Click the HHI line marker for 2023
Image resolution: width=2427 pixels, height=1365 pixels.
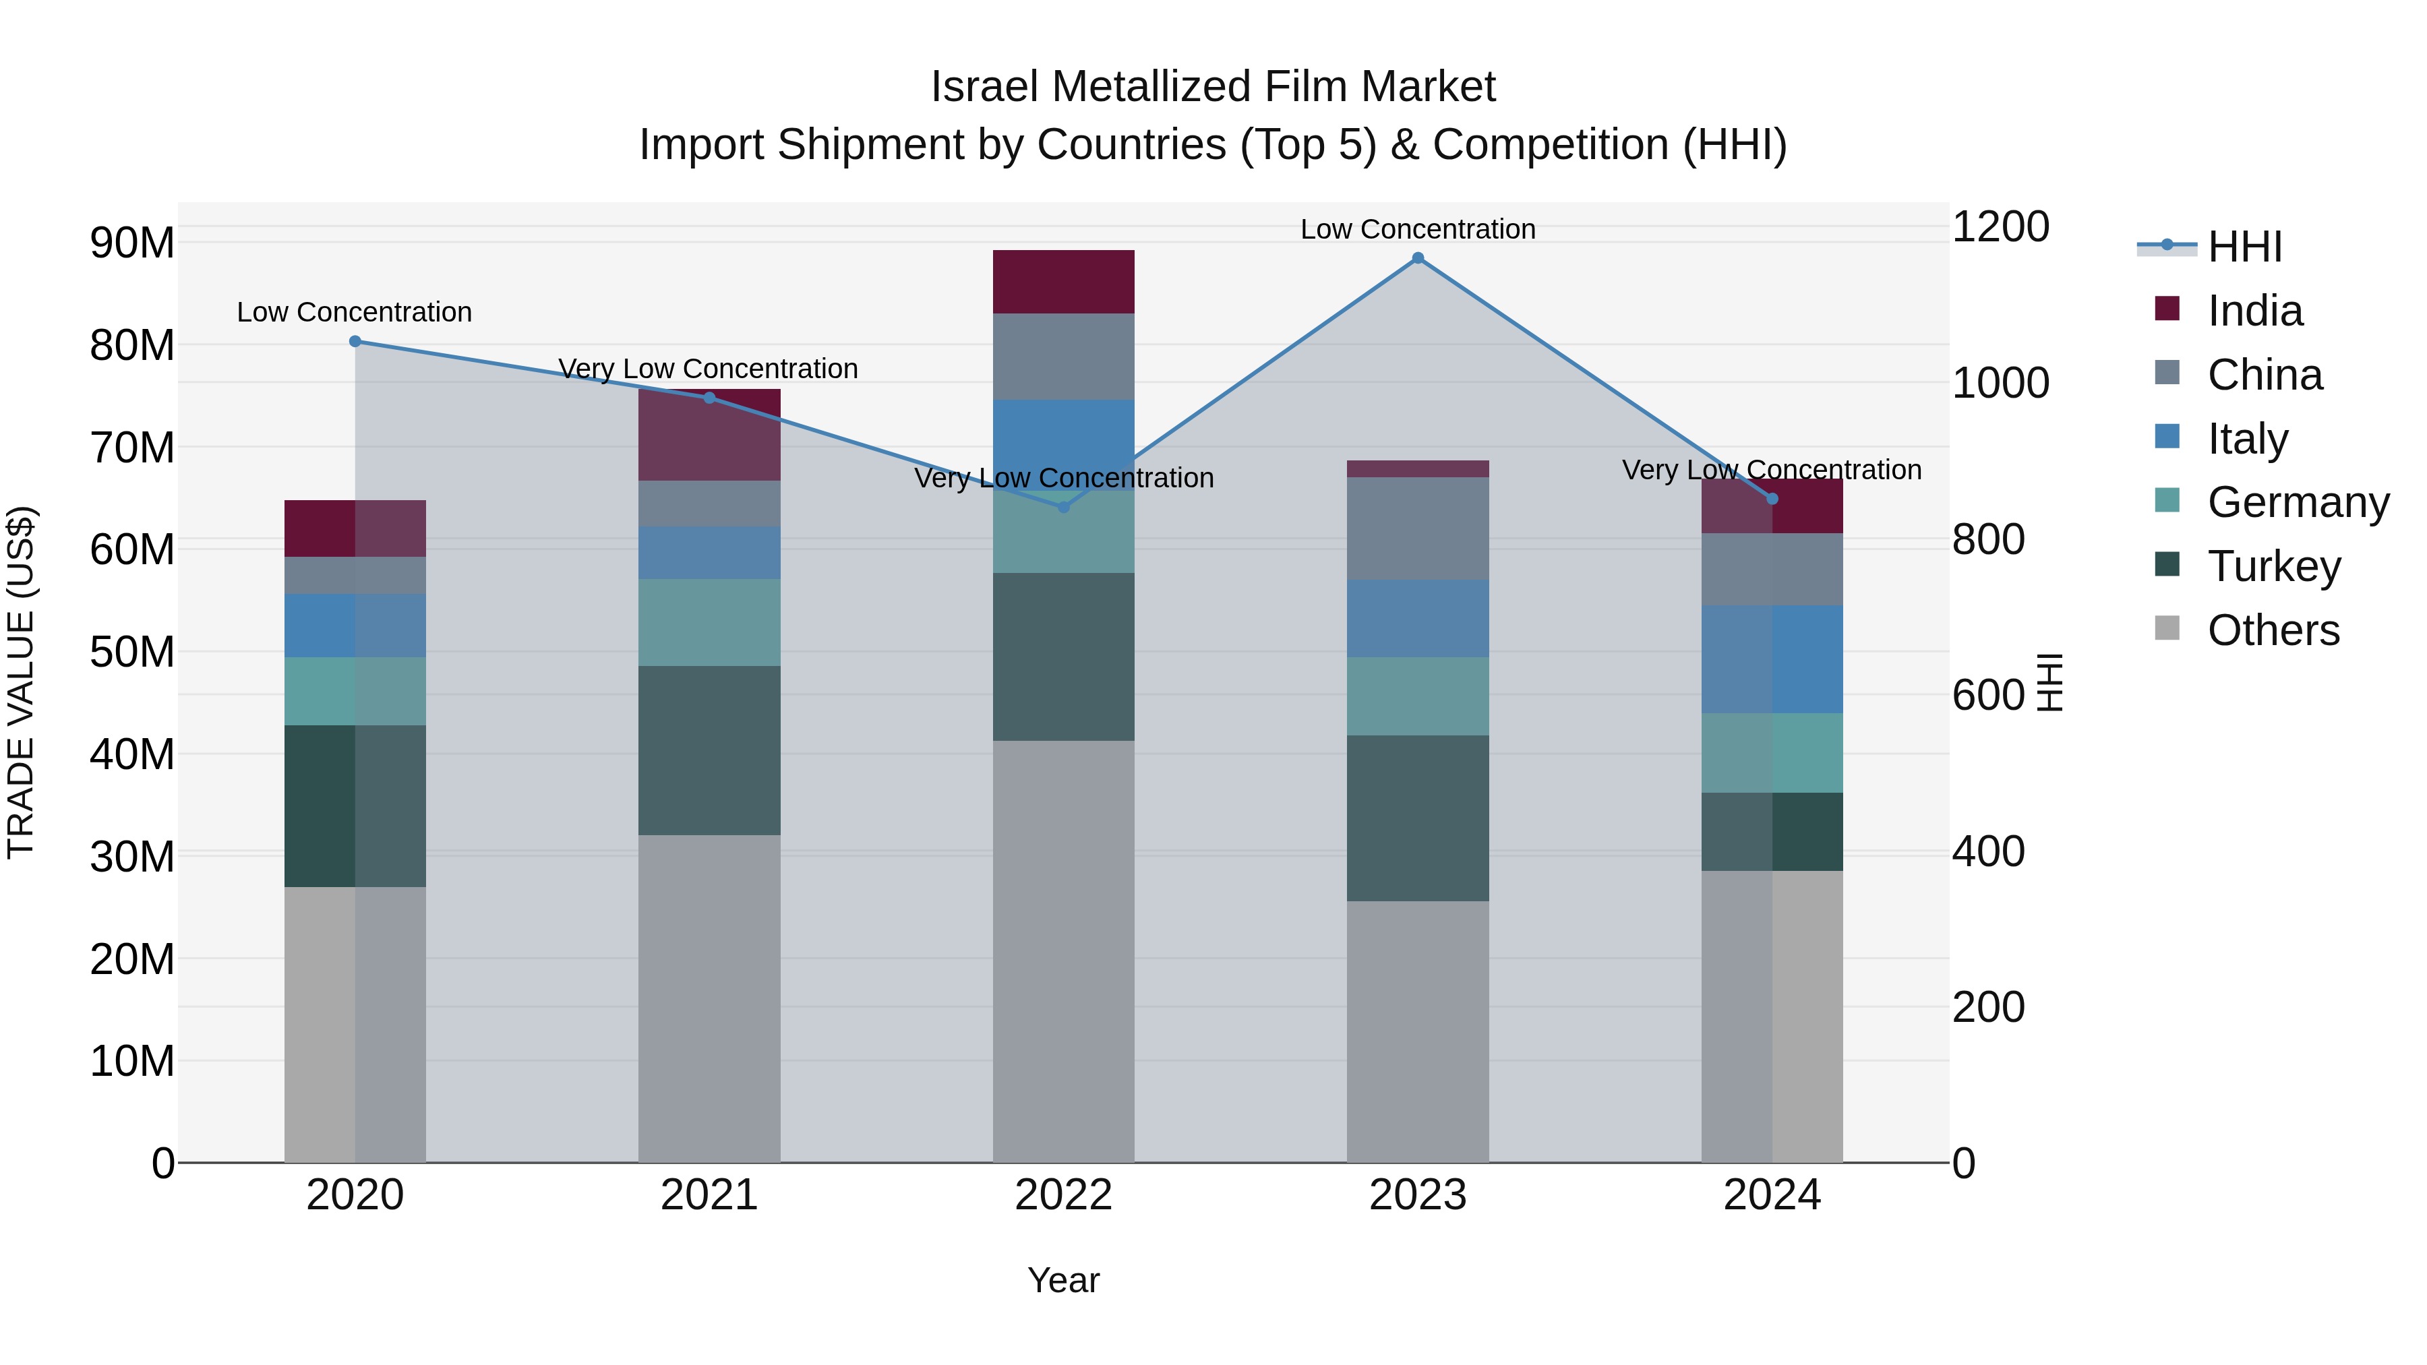point(1417,258)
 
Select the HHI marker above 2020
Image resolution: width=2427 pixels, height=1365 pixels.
point(355,341)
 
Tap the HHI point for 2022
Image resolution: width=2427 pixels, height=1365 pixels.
point(1064,507)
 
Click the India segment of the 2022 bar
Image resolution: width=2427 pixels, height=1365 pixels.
point(1064,282)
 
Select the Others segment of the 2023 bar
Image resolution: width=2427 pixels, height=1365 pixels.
point(1417,1031)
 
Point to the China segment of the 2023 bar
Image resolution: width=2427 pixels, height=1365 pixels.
point(1417,528)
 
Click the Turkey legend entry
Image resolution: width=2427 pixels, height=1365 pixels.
point(2273,566)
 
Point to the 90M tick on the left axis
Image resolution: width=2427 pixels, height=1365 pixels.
point(132,243)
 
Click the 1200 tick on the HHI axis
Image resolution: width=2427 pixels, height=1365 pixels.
point(2000,227)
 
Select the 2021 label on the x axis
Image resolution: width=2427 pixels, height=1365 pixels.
point(709,1195)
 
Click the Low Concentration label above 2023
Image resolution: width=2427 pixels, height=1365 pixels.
point(1417,229)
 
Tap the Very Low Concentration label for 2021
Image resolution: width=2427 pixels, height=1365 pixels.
point(708,368)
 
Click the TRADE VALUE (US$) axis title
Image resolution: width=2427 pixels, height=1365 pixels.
point(21,682)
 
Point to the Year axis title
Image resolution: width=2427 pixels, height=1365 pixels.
point(1064,1280)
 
